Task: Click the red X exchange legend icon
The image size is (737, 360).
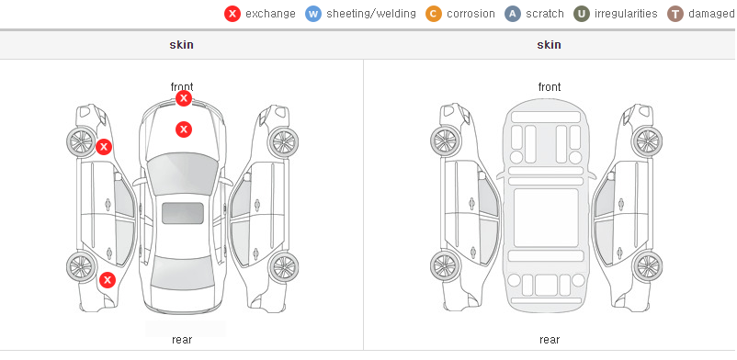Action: tap(232, 14)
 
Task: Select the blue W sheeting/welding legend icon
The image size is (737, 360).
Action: tap(313, 14)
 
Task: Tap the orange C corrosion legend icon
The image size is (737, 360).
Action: tap(434, 14)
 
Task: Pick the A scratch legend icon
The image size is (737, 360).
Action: tap(513, 14)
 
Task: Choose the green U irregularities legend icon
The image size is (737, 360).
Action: tap(582, 14)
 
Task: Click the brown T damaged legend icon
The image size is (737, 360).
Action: tap(675, 14)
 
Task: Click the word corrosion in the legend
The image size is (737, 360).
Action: tap(471, 14)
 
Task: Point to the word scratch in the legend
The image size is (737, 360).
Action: tap(545, 14)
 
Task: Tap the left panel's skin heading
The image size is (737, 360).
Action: tap(181, 45)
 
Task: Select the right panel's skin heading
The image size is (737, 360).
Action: tap(549, 45)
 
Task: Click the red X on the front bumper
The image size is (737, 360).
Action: tap(184, 98)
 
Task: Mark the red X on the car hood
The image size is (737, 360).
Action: tap(184, 129)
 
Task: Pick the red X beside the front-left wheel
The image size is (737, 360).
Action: tap(104, 147)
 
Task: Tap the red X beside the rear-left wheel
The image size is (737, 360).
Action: tap(108, 281)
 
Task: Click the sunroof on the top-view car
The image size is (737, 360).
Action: tap(183, 213)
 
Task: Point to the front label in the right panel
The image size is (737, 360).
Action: tap(550, 87)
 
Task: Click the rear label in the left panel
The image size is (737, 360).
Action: tap(182, 340)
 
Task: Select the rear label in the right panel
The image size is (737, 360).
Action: tap(550, 340)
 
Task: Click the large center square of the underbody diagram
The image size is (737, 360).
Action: tap(546, 218)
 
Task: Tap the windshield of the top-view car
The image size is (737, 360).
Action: tap(183, 174)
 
